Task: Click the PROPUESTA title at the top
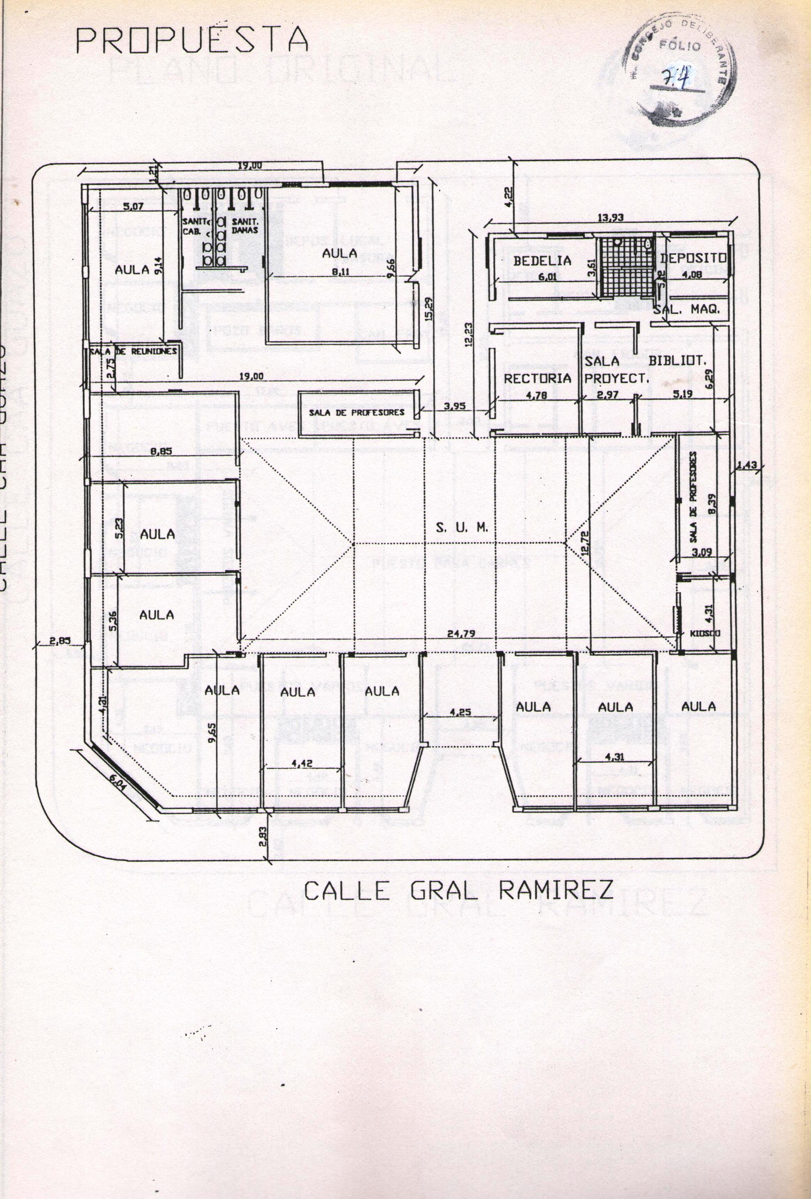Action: point(192,40)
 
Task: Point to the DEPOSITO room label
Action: point(693,258)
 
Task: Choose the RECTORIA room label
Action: point(537,378)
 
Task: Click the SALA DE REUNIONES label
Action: point(134,351)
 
